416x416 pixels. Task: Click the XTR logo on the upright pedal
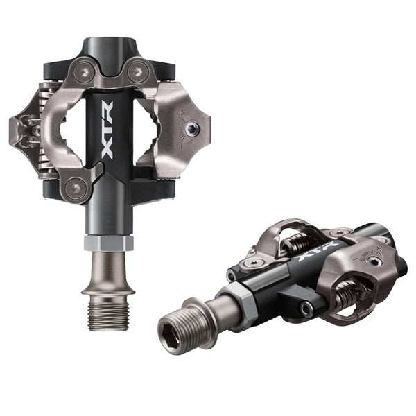point(107,130)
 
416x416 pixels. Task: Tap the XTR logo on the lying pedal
point(319,252)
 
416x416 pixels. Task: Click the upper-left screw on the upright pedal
point(85,71)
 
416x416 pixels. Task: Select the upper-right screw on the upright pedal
point(137,71)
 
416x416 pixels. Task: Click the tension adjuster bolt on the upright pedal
point(192,129)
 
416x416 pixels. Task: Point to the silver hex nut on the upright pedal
point(109,243)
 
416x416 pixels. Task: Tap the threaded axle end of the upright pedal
point(109,317)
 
